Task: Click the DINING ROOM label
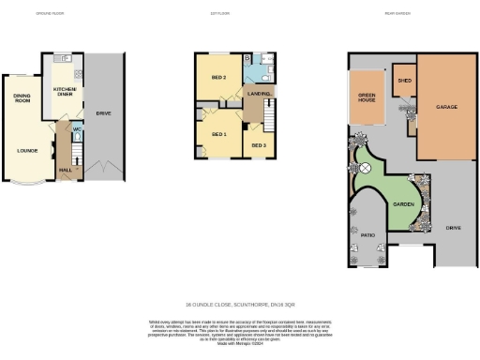22,97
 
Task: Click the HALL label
66,170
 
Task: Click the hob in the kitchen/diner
80,73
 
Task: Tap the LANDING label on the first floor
260,94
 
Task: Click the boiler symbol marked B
247,58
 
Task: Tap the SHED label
404,82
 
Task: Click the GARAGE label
446,107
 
